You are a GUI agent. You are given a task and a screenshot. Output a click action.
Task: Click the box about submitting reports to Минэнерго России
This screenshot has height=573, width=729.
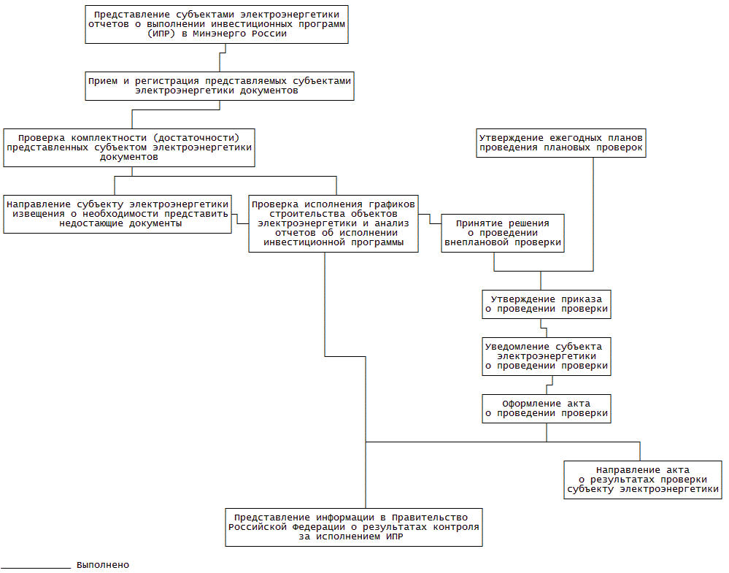216,24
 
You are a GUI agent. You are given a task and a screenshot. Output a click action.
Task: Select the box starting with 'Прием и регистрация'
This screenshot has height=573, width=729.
219,86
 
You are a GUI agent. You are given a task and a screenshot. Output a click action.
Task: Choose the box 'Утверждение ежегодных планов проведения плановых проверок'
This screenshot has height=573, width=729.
561,142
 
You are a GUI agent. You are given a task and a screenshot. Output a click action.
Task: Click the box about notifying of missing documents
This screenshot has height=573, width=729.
117,214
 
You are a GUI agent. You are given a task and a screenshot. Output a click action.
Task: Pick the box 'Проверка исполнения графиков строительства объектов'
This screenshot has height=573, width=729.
333,223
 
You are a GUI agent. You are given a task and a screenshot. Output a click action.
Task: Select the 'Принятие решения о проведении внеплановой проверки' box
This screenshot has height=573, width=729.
503,233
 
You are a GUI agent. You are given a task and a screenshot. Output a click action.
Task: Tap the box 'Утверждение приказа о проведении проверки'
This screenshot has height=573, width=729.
547,304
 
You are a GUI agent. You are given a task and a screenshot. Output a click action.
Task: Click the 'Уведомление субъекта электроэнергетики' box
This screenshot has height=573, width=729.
547,356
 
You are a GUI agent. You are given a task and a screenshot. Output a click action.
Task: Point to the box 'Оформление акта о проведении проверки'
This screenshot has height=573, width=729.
547,408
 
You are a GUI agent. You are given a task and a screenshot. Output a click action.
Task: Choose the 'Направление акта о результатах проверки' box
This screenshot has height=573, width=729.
643,480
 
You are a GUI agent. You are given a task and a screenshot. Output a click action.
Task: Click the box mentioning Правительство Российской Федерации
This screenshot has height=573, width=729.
354,527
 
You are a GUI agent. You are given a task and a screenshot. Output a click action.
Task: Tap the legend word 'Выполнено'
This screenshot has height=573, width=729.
103,565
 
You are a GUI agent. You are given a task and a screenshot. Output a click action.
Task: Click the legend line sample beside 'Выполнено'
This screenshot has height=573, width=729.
35,567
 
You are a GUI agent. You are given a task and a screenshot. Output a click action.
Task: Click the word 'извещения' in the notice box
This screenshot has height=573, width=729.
36,214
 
